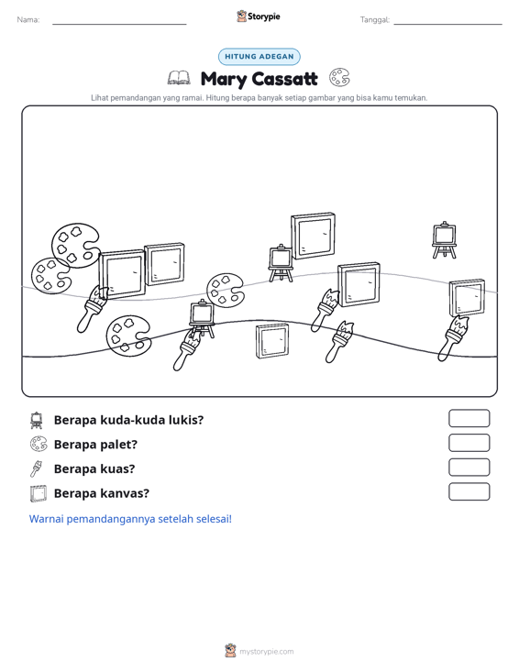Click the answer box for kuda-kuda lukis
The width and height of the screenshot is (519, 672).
point(469,418)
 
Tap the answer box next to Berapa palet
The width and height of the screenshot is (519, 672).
point(469,443)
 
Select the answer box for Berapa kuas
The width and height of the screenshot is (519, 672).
point(469,468)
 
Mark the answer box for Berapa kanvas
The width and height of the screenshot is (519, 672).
point(469,491)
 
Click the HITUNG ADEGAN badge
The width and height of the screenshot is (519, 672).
point(259,57)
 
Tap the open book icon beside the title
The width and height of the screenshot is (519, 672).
point(179,78)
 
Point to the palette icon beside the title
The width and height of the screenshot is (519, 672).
point(339,78)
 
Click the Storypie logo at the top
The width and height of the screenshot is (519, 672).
point(259,17)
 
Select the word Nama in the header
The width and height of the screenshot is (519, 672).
point(28,20)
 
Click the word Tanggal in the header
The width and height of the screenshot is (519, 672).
point(375,20)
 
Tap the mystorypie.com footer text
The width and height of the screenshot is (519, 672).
point(266,652)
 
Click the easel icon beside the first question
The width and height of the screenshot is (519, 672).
point(37,420)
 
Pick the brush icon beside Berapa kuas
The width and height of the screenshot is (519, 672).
point(36,468)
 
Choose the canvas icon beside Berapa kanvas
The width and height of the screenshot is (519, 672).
point(39,493)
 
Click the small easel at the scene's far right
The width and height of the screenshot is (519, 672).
point(444,240)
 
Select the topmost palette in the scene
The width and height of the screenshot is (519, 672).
point(75,245)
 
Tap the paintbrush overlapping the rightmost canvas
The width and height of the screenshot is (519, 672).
point(453,337)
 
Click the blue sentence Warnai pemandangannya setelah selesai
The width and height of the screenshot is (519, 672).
point(130,519)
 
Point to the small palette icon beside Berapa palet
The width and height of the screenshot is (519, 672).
point(39,444)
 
